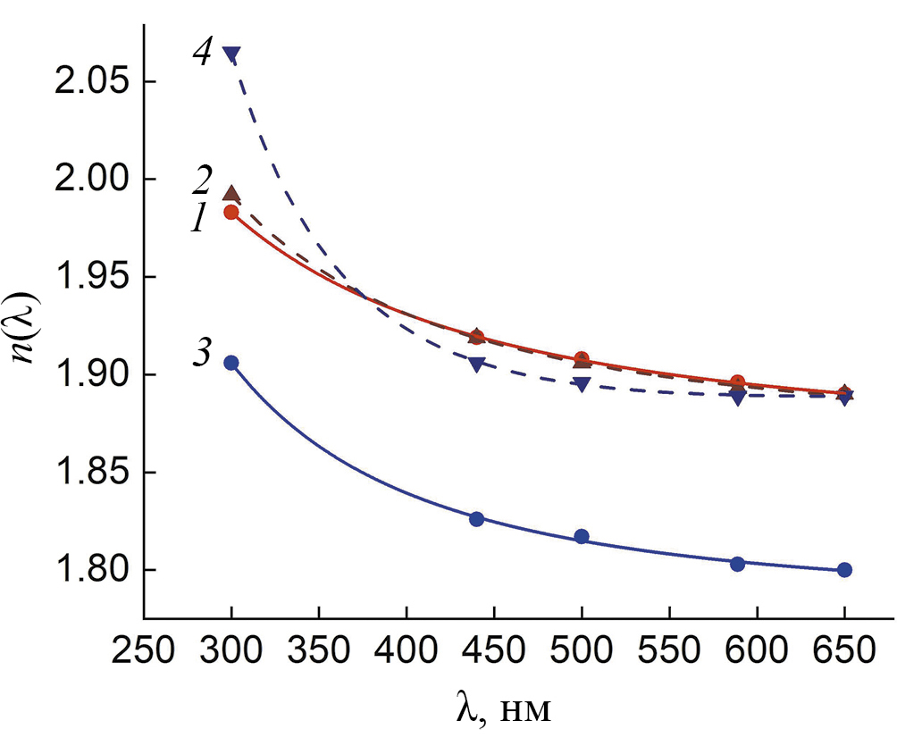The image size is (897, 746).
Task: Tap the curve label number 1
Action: [x=199, y=219]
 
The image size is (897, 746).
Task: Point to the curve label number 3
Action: [x=202, y=354]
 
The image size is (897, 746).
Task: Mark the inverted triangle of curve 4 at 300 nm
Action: [x=231, y=55]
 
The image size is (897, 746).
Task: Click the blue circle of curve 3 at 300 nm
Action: [x=231, y=363]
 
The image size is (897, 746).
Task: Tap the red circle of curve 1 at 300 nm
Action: [x=231, y=213]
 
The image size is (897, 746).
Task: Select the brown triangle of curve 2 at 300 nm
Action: [x=231, y=193]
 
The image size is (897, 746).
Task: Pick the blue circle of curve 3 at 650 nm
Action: [x=844, y=570]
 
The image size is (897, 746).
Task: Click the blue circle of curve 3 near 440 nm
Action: [x=476, y=519]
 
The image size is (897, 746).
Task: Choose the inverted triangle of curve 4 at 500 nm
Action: [x=582, y=385]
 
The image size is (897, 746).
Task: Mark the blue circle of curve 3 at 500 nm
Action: [x=582, y=536]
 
